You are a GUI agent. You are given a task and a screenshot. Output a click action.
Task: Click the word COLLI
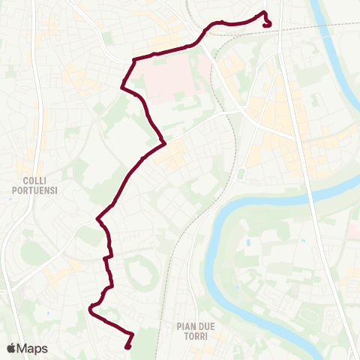tap(35, 181)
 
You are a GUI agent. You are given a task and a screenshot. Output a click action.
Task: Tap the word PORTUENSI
tap(35, 190)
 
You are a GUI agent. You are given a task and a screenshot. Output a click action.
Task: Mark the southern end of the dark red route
tap(127, 346)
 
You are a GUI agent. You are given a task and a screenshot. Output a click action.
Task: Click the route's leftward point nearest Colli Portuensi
tap(97, 220)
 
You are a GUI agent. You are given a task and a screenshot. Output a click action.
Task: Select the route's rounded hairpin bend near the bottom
tap(90, 307)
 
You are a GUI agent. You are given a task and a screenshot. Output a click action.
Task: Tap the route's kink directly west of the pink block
tap(121, 88)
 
